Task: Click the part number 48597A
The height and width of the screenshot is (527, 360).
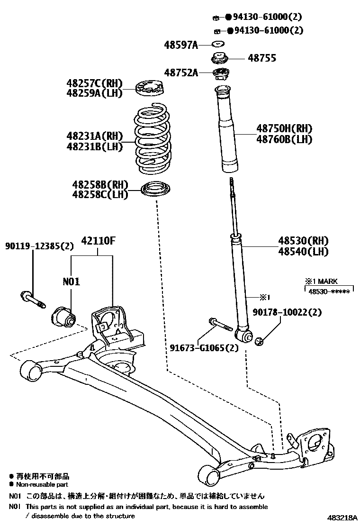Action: tap(180, 45)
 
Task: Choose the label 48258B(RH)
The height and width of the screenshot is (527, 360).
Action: tap(100, 184)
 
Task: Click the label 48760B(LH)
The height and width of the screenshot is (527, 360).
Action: tap(284, 139)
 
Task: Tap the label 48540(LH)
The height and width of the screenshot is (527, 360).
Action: tap(303, 252)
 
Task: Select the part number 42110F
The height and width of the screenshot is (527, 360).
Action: tap(98, 240)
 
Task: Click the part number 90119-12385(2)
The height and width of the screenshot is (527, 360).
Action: tap(40, 246)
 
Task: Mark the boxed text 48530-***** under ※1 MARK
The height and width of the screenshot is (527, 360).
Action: tap(329, 291)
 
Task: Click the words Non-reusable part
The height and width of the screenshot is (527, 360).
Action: tap(42, 484)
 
